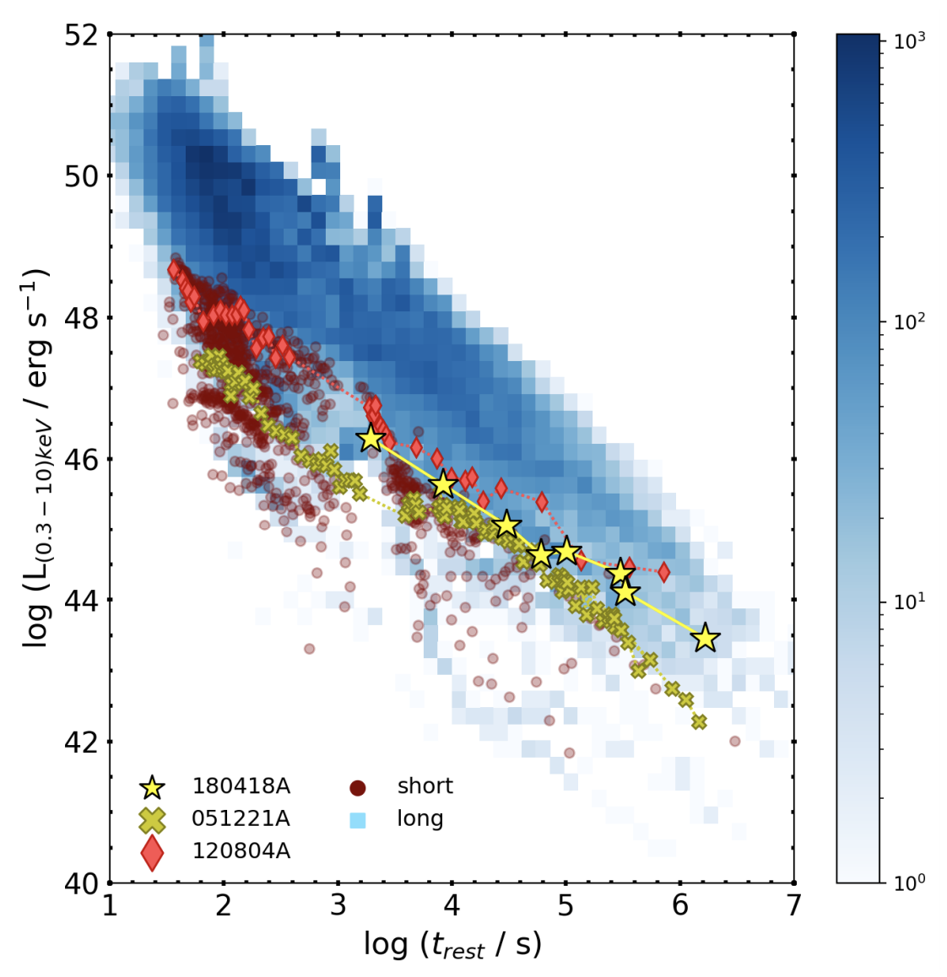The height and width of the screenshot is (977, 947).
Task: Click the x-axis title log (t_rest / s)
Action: click(452, 945)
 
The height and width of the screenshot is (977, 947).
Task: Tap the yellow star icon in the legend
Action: click(152, 788)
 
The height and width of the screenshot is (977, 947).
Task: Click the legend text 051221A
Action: click(241, 819)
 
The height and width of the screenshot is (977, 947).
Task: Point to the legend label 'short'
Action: click(425, 786)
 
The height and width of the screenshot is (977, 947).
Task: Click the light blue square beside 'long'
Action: click(358, 820)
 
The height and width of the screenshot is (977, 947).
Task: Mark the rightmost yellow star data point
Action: click(706, 640)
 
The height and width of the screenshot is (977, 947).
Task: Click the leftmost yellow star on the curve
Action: click(371, 439)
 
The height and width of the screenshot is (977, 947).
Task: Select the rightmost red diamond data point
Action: click(664, 573)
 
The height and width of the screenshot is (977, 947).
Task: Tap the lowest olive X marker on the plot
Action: click(699, 722)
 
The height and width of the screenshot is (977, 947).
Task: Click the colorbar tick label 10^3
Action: click(910, 40)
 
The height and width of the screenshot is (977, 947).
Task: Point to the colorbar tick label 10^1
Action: click(910, 602)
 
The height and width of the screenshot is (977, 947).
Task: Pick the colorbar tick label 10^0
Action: click(910, 882)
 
